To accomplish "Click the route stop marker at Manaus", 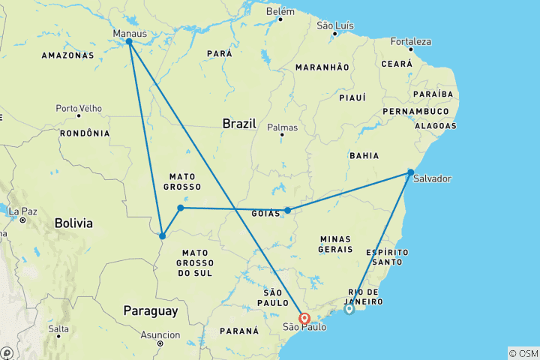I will (130, 42).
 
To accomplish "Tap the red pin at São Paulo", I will (304, 319).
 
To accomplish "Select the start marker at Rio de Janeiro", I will (349, 308).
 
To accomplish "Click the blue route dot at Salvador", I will (411, 172).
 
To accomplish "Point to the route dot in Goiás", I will (287, 211).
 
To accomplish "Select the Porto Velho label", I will (78, 108).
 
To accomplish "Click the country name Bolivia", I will (73, 223).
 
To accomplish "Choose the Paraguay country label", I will (151, 310).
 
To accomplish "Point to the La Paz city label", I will (23, 211).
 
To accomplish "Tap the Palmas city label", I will (283, 127).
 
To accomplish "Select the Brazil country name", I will (239, 123).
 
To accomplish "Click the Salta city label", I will (58, 329).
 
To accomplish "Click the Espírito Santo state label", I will (388, 257).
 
